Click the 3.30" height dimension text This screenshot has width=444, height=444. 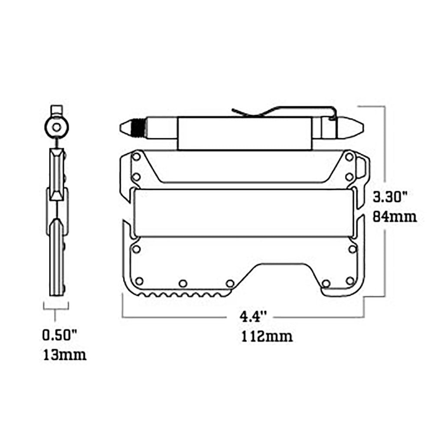390,198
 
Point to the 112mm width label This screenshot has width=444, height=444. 266,336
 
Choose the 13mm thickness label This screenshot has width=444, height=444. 64,355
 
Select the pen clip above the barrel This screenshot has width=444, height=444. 282,111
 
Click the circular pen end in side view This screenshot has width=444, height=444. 56,127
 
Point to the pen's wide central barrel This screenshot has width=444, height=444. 244,133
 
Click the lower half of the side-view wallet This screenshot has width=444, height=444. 57,256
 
